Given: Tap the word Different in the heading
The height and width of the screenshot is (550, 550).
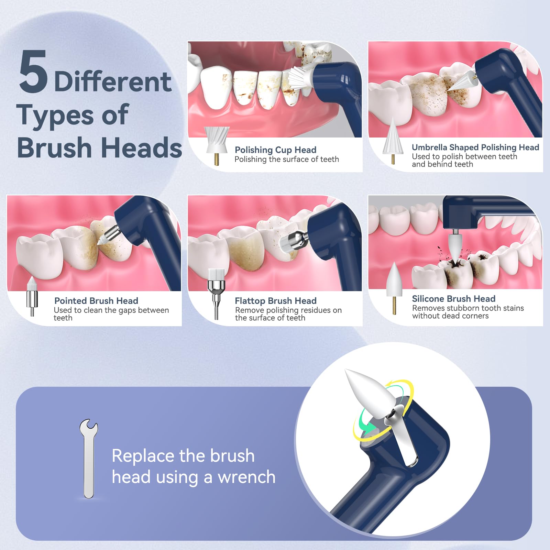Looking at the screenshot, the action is [113, 82].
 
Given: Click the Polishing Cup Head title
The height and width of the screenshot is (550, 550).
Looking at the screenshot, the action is [275, 150].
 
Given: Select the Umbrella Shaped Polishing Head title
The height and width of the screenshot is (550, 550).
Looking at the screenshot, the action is [475, 147].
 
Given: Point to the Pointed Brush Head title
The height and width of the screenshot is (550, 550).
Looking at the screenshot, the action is [96, 301].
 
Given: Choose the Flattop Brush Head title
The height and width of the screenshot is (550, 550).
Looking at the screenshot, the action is [276, 301].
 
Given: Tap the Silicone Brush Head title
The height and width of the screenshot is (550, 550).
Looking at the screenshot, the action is [454, 299].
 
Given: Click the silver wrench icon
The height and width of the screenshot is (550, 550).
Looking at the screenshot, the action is [89, 459].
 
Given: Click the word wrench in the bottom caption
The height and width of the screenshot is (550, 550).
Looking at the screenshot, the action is [246, 477].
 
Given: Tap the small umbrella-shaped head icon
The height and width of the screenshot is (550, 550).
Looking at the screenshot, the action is [393, 140].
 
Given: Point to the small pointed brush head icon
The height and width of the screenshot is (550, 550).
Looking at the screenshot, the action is [32, 296].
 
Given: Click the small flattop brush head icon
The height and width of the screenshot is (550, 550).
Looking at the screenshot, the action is [216, 294].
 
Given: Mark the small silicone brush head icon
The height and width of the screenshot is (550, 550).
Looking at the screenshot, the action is [394, 288].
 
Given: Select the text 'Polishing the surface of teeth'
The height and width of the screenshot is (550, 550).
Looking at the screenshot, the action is [287, 159].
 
